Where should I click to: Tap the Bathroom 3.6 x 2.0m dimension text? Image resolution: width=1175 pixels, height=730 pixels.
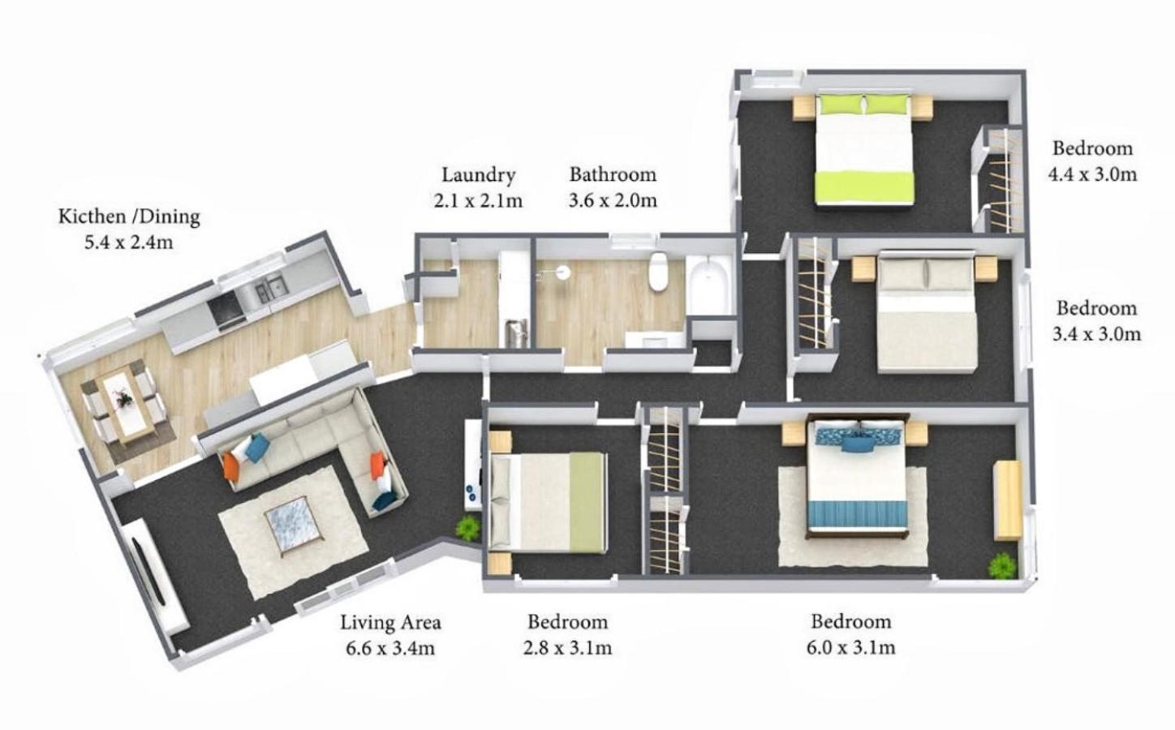point(613,200)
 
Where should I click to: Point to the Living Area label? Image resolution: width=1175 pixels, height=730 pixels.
point(390,622)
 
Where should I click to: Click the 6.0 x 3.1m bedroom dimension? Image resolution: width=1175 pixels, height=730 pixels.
point(851,647)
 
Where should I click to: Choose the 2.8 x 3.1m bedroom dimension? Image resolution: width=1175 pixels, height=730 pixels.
point(567,648)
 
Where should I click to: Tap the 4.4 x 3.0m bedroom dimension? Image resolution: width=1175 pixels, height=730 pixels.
point(1093,174)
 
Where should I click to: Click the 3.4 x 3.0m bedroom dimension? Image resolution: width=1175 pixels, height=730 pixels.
point(1096,333)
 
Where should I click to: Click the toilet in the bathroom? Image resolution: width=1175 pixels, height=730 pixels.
point(657,271)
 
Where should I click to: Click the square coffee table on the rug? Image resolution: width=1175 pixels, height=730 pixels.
point(293,526)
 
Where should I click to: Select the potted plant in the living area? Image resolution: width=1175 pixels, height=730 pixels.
point(467,527)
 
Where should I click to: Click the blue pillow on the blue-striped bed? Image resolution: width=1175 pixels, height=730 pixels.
point(859,444)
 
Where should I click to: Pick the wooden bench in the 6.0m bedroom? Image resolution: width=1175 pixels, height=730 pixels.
point(1008,500)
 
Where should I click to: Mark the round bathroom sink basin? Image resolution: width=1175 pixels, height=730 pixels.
point(563,271)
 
